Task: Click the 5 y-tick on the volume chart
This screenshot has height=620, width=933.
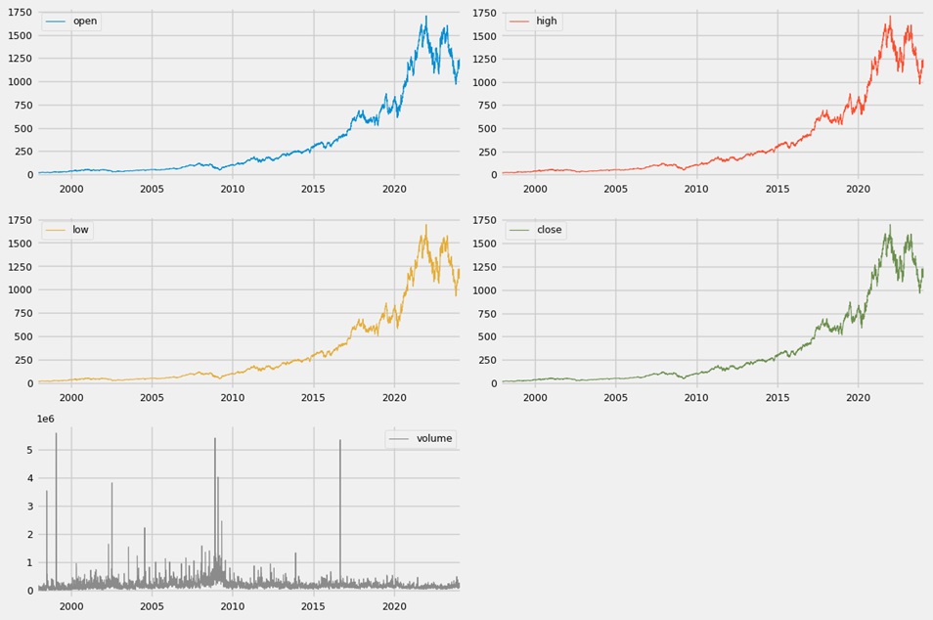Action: (29, 451)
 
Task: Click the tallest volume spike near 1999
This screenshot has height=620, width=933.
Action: (56, 434)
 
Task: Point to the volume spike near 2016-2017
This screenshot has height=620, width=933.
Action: (340, 441)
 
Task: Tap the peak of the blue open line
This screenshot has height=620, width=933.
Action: (425, 17)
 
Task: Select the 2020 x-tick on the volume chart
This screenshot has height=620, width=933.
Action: (394, 606)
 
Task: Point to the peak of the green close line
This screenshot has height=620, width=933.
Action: (889, 226)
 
